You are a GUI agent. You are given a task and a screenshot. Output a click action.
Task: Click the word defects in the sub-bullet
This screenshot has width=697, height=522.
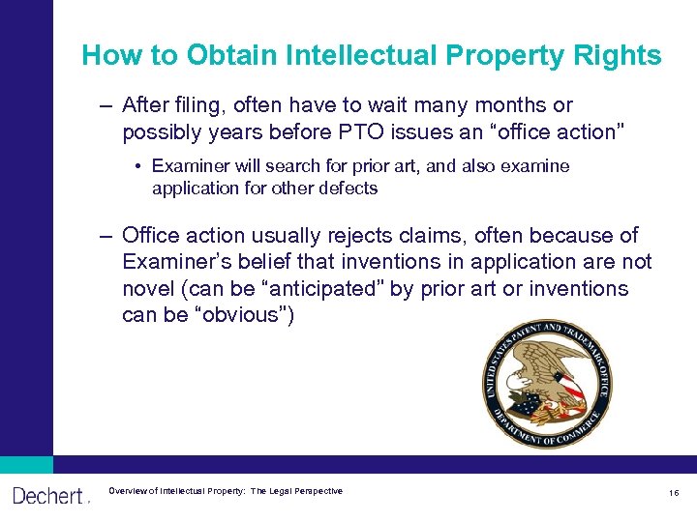point(347,188)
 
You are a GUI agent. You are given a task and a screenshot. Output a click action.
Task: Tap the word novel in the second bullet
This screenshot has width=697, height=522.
point(147,289)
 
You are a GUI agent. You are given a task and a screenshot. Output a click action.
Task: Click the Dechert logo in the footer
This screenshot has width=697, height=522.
point(48,496)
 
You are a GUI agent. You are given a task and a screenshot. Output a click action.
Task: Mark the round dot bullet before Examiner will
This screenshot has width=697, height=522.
point(138,166)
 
